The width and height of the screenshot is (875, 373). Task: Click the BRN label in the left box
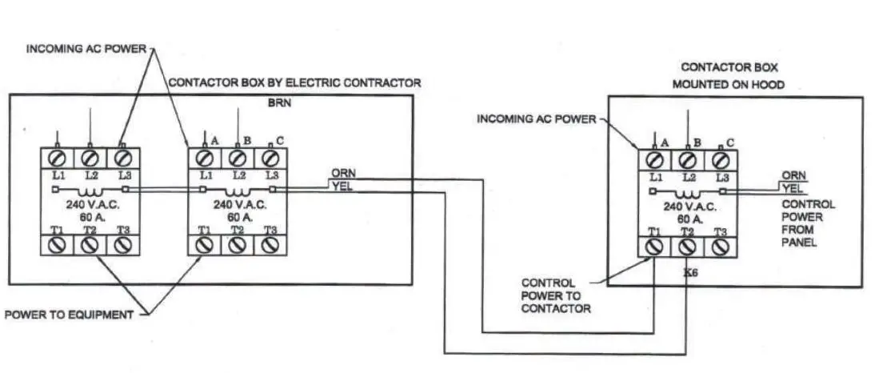(x=276, y=103)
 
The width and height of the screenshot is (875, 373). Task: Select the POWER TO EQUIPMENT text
(x=69, y=315)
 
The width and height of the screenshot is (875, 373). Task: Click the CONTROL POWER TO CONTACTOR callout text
(x=556, y=295)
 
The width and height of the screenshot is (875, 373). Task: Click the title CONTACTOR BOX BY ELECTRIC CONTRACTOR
(x=294, y=82)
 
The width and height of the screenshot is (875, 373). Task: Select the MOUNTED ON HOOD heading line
(x=728, y=83)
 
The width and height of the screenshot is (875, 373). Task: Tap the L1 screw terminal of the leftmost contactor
(x=58, y=155)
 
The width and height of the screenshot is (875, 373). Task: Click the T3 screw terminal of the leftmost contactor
(x=122, y=247)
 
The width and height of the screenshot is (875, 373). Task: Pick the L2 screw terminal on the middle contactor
(x=238, y=155)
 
